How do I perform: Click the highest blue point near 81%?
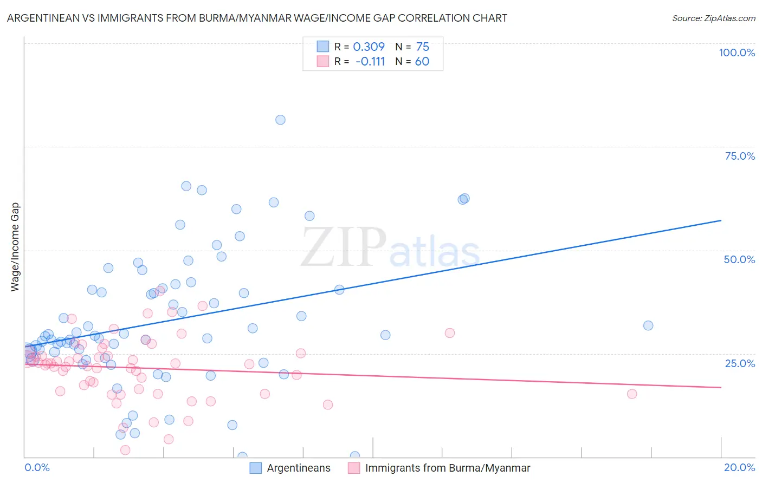point(280,120)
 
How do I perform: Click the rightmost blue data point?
point(648,325)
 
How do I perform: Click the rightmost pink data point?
point(632,394)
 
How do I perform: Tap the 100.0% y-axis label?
point(737,53)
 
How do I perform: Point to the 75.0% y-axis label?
point(740,156)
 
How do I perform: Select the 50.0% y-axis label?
point(739,259)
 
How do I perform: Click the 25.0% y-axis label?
point(740,363)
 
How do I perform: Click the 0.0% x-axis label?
point(37,467)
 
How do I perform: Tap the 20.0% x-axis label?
point(739,467)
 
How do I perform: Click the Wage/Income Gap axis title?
point(15,247)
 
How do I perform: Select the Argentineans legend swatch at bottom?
point(256,468)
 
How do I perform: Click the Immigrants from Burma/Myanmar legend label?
point(448,468)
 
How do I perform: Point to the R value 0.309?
point(369,47)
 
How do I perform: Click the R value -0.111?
point(370,61)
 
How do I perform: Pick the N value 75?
point(423,47)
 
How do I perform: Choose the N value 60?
point(422,61)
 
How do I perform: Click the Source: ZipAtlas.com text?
point(713,18)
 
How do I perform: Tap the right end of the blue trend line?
point(721,220)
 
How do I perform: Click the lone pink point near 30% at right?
point(450,333)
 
